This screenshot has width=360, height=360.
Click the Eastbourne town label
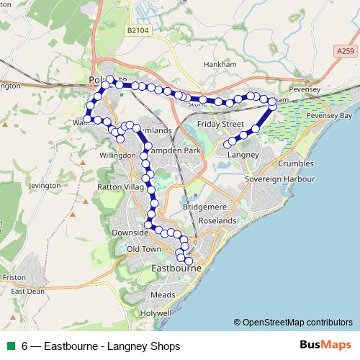coord(178,269)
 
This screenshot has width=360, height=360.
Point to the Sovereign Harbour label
coord(281,177)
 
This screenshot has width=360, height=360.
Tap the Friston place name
coord(14,276)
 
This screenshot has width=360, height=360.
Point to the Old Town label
coord(142,248)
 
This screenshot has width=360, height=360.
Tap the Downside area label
coord(130,233)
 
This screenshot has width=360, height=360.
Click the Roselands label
coord(217,220)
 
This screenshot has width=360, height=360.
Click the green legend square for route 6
coord(10,346)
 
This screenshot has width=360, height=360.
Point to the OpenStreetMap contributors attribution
coord(293,322)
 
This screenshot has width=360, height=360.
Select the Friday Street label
coord(223,124)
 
